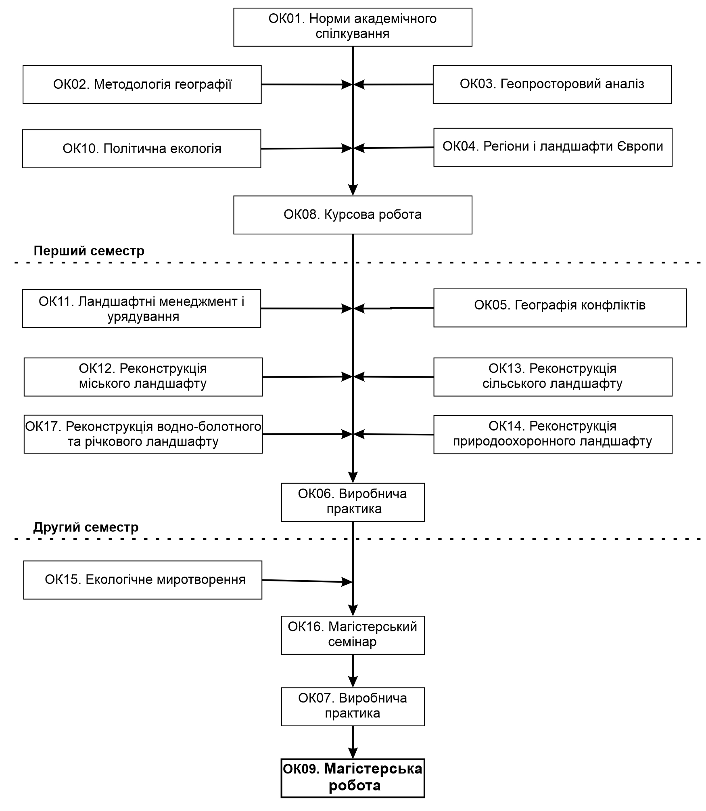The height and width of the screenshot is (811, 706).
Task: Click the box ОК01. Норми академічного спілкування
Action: (353, 27)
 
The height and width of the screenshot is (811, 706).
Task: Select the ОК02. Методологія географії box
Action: (142, 84)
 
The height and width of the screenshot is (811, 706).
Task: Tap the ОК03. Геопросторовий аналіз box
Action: (552, 84)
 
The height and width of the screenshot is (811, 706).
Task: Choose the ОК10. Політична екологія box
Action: (142, 148)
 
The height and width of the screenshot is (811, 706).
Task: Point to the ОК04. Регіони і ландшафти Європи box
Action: (553, 147)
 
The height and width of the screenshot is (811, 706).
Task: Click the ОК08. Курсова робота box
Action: (353, 215)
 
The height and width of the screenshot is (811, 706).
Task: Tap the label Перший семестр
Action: (89, 251)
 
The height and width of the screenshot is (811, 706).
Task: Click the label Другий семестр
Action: (86, 527)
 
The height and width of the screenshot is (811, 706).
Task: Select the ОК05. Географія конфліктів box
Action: (560, 307)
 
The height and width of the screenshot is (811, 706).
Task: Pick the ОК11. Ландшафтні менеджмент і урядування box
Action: (142, 308)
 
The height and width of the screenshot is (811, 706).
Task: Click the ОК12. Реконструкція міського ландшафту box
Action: (143, 377)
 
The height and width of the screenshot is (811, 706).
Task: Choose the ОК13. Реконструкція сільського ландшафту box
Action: (553, 377)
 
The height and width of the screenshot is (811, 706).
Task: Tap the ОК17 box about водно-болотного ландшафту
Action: (143, 434)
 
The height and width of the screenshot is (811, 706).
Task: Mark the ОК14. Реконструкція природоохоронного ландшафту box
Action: (553, 435)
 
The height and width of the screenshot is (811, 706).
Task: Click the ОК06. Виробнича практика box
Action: (353, 502)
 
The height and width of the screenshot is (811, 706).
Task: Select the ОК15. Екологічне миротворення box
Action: (143, 580)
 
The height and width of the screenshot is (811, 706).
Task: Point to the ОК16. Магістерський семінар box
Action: (353, 635)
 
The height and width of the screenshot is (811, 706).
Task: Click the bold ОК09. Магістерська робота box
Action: (353, 778)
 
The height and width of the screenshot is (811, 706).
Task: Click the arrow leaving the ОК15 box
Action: (307, 581)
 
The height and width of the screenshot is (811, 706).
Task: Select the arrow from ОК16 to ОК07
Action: (353, 671)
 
